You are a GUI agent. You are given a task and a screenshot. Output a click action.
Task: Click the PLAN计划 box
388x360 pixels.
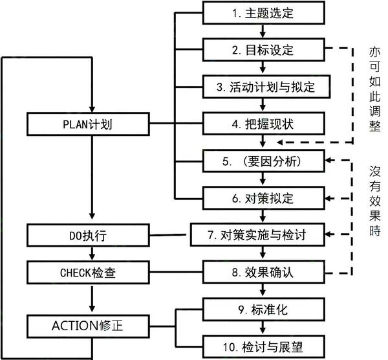coord(93,123)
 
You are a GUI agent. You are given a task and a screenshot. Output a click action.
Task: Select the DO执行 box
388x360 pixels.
coord(93,234)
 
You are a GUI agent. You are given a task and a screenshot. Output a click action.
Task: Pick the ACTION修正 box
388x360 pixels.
coord(93,324)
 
